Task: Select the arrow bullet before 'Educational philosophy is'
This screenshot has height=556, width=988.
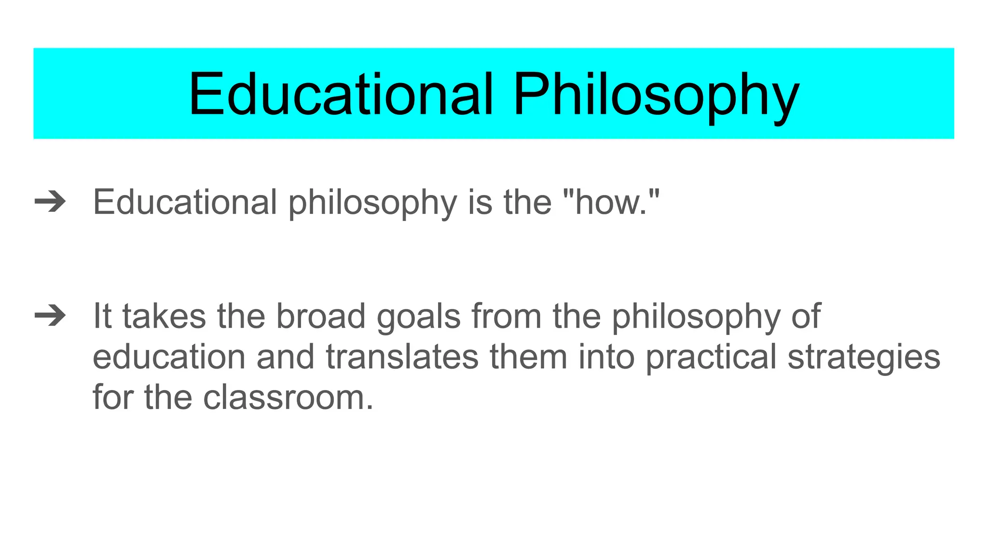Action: click(50, 202)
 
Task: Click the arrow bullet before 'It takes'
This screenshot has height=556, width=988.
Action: click(50, 316)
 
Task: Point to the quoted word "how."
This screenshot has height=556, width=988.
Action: click(611, 202)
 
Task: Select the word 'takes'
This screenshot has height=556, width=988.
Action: click(164, 316)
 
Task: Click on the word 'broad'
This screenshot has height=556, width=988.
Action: click(320, 316)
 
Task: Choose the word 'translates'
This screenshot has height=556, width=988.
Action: click(402, 357)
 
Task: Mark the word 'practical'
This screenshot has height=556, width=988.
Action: click(711, 358)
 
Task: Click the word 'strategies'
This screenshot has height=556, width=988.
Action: click(864, 358)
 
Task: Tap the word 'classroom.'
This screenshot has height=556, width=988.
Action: click(288, 398)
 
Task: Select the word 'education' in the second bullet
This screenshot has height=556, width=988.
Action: click(169, 357)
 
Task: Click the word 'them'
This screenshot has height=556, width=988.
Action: click(528, 357)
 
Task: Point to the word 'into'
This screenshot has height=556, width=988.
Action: click(606, 357)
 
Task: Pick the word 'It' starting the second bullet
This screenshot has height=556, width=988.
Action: click(102, 316)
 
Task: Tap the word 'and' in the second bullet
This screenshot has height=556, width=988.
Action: click(285, 357)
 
